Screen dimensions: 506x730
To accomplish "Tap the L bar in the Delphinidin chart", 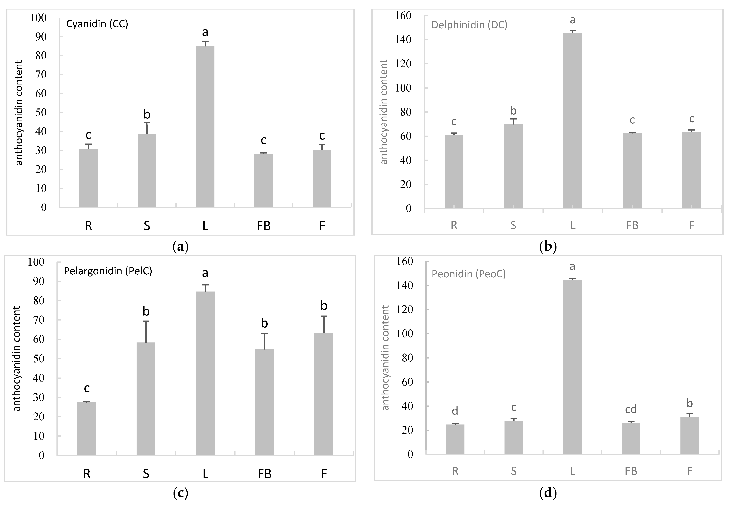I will pos(573,121).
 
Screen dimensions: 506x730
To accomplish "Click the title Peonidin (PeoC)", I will pos(468,274).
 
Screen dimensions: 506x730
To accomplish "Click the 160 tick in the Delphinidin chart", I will pos(403,16).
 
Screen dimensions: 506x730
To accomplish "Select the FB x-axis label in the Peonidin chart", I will pos(631,471).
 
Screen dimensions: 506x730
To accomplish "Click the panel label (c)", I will pos(181,493).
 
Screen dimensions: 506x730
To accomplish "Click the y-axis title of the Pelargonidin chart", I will pos(16,358).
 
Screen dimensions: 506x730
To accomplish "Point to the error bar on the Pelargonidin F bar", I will pos(324,324).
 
